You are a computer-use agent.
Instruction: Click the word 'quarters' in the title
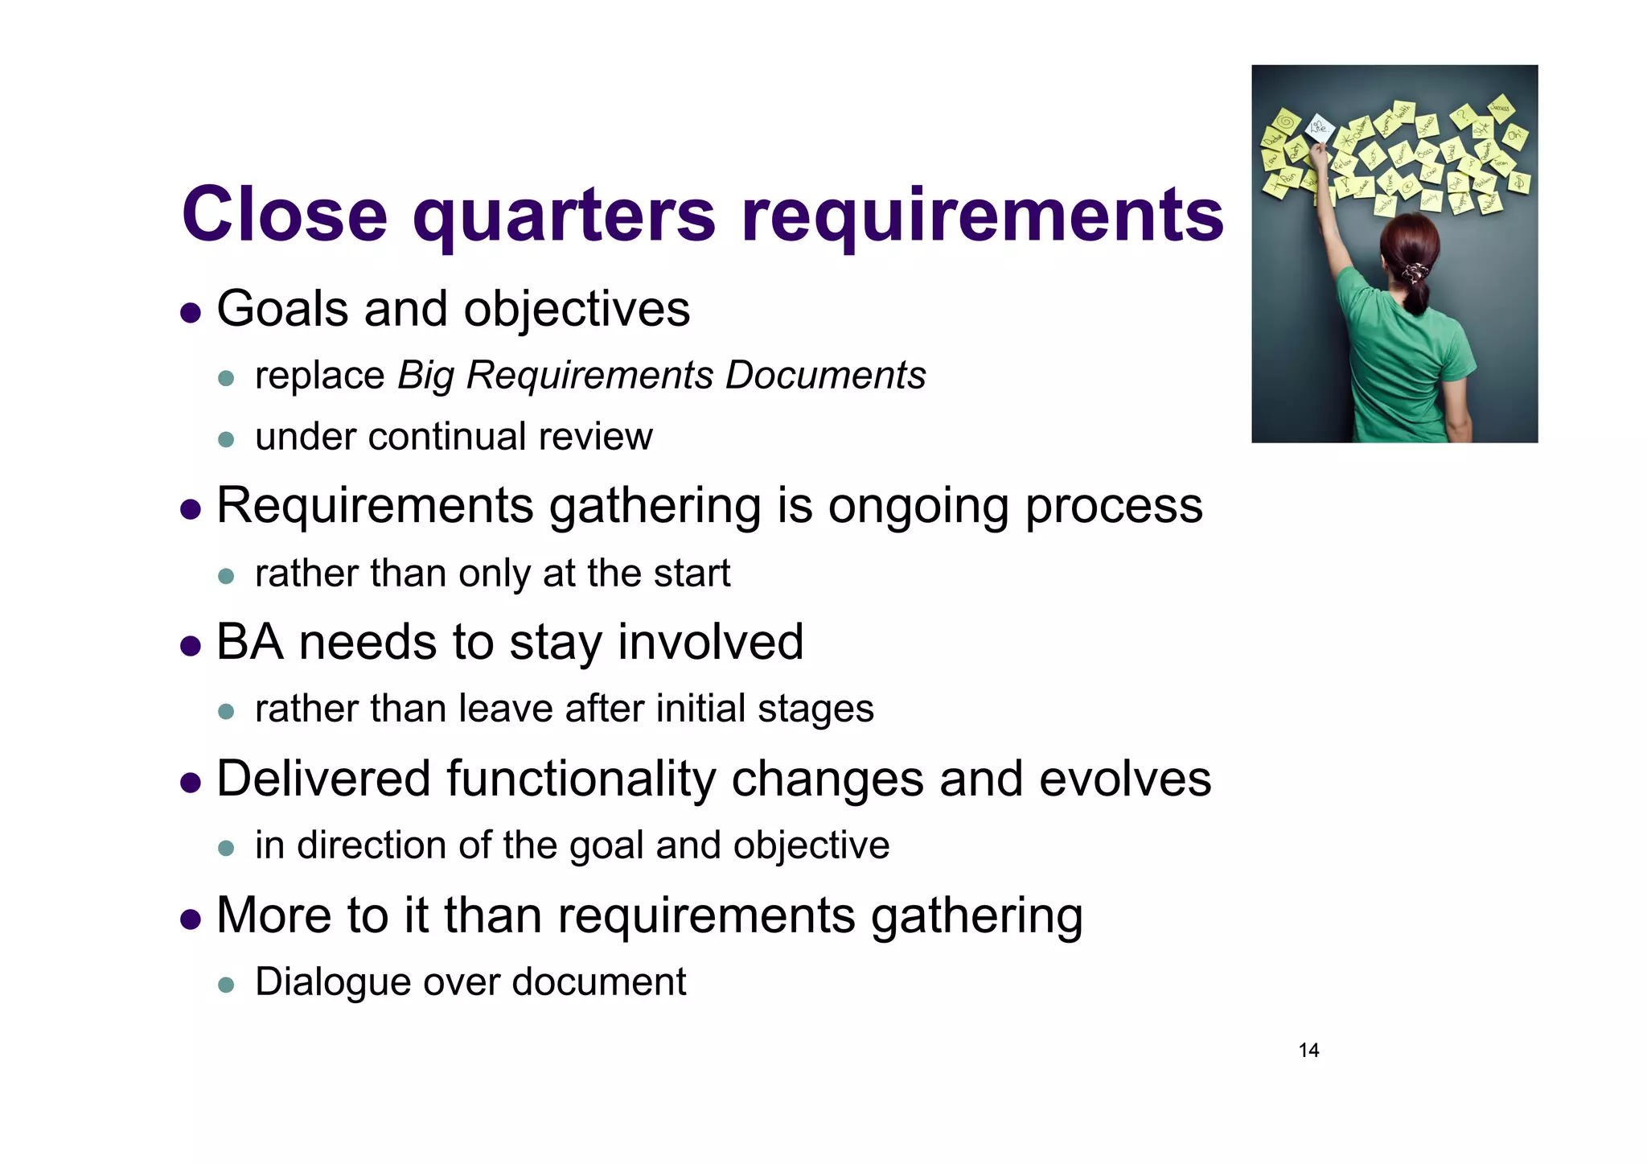point(563,216)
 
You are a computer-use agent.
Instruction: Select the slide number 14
point(1308,1050)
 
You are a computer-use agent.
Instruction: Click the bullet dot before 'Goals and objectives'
point(191,312)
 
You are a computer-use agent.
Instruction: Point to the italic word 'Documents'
point(825,375)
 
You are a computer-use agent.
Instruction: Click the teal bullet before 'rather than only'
point(226,576)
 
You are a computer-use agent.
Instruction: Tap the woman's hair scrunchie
point(1413,272)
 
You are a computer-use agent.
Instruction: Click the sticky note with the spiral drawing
point(1285,123)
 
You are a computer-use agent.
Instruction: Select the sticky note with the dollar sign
point(1519,183)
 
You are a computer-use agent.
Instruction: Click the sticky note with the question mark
point(1464,116)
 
